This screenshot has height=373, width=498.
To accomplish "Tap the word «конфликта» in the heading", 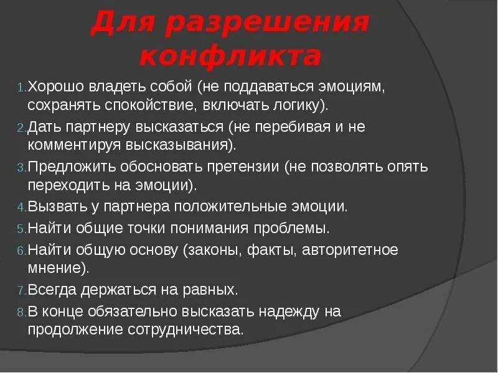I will (x=230, y=57).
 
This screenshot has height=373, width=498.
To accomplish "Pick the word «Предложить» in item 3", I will (x=64, y=167).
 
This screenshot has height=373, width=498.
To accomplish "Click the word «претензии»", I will (x=247, y=167).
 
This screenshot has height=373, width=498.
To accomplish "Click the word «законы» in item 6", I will (x=212, y=251).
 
